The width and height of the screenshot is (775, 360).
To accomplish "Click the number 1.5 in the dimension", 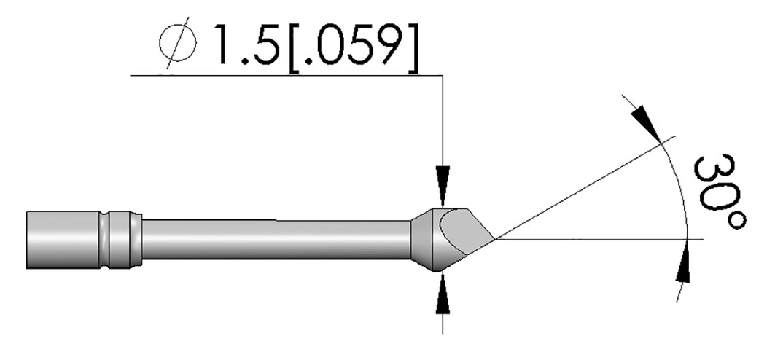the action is pyautogui.click(x=246, y=45).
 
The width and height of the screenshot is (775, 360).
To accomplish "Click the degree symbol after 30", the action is pyautogui.click(x=736, y=220).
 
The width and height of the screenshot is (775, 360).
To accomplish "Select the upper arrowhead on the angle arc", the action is pyautogui.click(x=646, y=124).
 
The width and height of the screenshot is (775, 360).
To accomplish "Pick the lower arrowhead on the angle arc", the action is pyautogui.click(x=682, y=265).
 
